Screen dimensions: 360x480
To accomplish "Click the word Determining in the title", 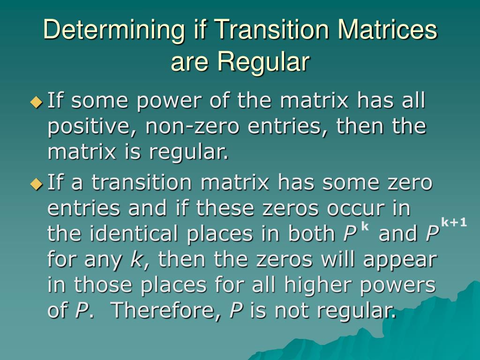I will pyautogui.click(x=110, y=30).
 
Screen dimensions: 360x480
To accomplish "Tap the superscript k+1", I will pyautogui.click(x=454, y=222).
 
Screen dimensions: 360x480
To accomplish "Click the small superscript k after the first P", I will pyautogui.click(x=365, y=227).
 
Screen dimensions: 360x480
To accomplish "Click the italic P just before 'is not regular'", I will pyautogui.click(x=235, y=310).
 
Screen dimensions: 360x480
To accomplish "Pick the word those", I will pyautogui.click(x=102, y=285).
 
